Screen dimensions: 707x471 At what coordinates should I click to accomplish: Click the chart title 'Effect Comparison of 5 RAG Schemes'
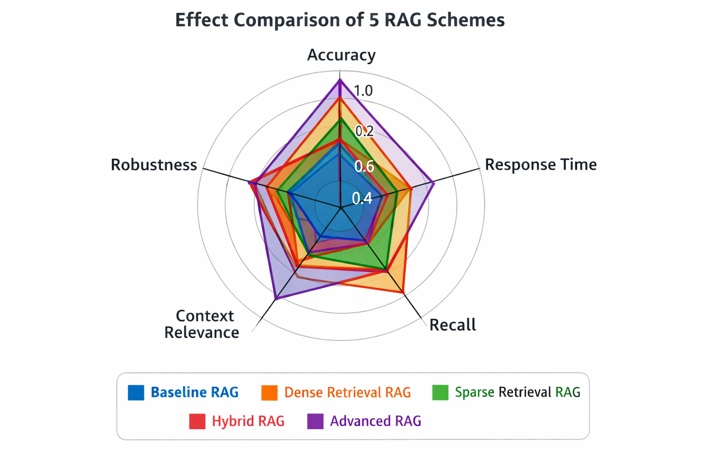(340, 20)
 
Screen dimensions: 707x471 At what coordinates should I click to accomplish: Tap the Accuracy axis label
(342, 55)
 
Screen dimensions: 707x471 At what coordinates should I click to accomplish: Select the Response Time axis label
(541, 164)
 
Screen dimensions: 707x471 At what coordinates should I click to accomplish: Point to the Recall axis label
(452, 325)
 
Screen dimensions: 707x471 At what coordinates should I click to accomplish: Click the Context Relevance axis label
(202, 324)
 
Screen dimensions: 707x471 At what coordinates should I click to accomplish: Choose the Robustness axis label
(154, 165)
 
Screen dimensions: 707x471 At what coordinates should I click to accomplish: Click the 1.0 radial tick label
(363, 91)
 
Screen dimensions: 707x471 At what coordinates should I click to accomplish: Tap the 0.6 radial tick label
(364, 166)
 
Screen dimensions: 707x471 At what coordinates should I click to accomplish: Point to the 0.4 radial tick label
(362, 199)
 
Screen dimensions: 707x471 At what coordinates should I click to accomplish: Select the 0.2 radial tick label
(365, 131)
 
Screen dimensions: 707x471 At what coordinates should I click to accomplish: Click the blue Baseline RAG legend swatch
(136, 392)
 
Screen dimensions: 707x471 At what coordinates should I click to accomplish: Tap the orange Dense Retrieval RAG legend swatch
(270, 392)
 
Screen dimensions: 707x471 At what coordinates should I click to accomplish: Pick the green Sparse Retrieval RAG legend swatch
(440, 392)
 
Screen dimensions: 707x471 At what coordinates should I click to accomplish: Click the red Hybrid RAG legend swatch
(197, 421)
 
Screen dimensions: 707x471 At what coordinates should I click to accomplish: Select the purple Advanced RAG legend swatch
(315, 421)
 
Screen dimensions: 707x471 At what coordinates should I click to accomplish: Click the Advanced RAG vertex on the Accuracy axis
(340, 80)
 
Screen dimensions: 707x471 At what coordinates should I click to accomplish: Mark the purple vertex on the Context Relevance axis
(276, 298)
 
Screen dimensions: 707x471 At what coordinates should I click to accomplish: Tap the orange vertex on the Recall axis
(403, 292)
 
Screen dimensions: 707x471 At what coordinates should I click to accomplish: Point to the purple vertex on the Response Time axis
(434, 183)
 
